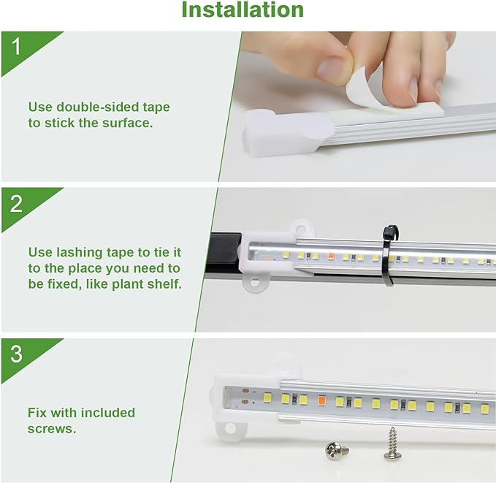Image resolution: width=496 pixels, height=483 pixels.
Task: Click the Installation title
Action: (x=243, y=10)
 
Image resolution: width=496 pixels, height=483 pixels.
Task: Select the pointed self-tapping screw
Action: (x=392, y=444)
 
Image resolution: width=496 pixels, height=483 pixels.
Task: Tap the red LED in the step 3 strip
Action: (x=321, y=400)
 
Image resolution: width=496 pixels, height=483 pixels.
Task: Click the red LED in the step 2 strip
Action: (x=329, y=257)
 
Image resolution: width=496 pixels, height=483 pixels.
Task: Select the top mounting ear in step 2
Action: (x=300, y=228)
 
